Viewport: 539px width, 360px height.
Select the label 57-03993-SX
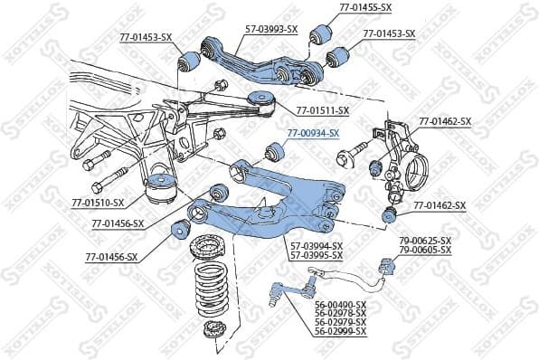(x=271, y=29)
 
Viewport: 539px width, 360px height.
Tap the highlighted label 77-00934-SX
(x=313, y=133)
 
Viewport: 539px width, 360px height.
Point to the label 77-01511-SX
(x=322, y=111)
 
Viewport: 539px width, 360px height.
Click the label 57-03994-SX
(x=316, y=245)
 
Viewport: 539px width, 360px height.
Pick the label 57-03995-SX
(x=316, y=254)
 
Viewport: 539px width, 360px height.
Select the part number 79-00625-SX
(x=424, y=241)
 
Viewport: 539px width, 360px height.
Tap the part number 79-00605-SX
(x=424, y=250)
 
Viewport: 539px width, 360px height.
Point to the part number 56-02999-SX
(x=340, y=332)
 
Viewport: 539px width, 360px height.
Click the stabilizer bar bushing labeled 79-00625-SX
(x=387, y=266)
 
